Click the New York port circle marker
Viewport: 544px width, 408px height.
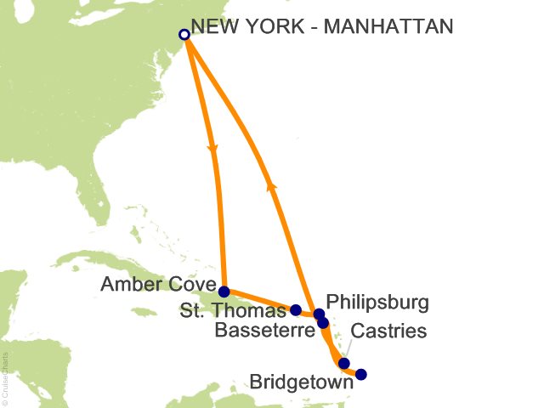[184, 35]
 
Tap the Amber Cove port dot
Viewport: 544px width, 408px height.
[224, 291]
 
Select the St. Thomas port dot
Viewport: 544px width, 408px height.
[296, 310]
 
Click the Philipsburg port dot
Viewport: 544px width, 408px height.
[319, 314]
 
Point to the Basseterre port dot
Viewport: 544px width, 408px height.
[323, 323]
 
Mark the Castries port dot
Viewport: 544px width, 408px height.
[344, 364]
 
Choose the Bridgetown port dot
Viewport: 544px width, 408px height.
[361, 374]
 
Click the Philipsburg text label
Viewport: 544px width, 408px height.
[377, 302]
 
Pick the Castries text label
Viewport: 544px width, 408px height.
[388, 330]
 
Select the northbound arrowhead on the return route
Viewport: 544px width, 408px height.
[271, 182]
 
